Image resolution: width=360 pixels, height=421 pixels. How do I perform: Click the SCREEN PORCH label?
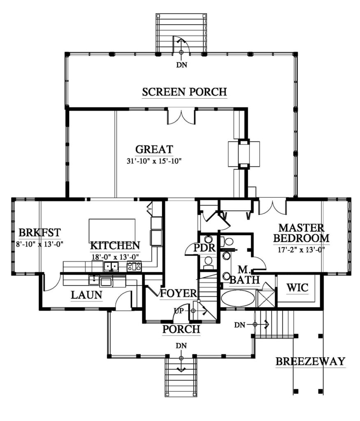click(x=184, y=92)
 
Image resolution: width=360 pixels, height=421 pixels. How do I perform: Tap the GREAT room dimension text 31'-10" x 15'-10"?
click(x=154, y=161)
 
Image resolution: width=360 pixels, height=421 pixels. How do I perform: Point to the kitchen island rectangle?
click(x=112, y=231)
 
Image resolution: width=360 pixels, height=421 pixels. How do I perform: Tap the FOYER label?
click(x=178, y=294)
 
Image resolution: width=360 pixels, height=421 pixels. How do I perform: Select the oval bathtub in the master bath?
click(x=238, y=298)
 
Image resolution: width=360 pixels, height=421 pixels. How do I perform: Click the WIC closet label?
click(x=297, y=288)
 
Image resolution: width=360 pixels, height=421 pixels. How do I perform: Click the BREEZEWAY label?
click(x=310, y=362)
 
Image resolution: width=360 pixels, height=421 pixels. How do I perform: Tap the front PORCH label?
click(x=181, y=329)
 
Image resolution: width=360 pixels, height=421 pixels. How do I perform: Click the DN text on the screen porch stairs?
click(x=181, y=65)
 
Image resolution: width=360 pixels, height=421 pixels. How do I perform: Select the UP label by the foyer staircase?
click(x=178, y=311)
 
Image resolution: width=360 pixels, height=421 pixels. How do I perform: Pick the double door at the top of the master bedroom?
click(x=272, y=206)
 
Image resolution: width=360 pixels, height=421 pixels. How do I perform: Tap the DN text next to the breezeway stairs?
click(x=240, y=325)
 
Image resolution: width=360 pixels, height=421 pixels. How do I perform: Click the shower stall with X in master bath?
click(x=265, y=298)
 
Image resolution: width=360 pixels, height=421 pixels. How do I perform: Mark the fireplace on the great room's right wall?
click(x=244, y=154)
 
